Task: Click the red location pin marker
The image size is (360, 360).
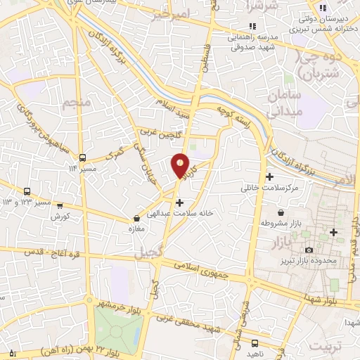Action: pos(180,166)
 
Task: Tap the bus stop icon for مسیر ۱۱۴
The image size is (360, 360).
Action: pos(83,157)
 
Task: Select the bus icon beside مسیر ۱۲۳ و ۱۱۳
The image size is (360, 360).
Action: pos(27,191)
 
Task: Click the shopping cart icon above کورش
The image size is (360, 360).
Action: pos(60,206)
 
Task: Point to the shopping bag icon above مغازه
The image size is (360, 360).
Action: pos(137,219)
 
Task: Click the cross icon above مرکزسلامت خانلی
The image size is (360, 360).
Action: pos(270,176)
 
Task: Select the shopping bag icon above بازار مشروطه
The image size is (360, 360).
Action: pos(281,212)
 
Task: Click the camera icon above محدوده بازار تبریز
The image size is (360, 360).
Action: pos(309,250)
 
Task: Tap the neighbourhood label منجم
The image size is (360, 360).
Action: pos(77,104)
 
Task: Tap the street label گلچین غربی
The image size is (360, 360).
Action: pos(160,129)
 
